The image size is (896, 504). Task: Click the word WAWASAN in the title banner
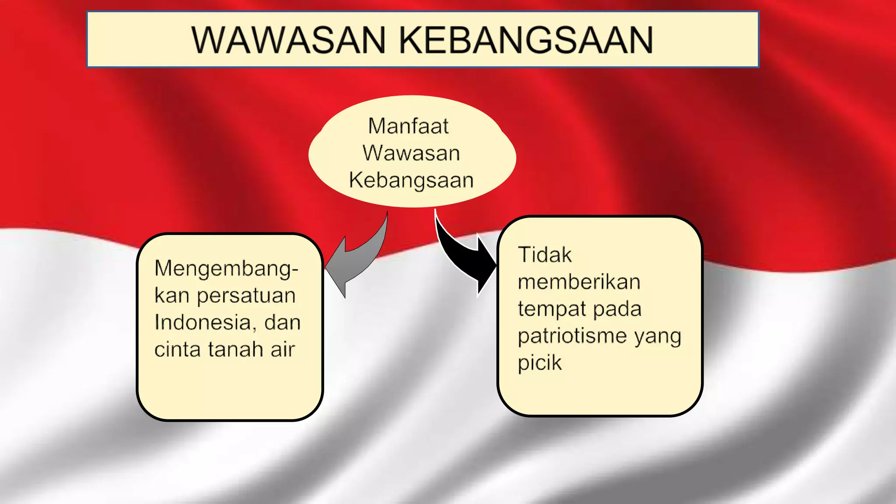pos(289,40)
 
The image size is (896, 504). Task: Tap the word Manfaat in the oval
pos(408,126)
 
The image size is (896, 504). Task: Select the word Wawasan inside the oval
pos(411,153)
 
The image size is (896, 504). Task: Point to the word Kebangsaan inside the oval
pos(411,180)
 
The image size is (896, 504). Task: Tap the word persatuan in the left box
pos(246,296)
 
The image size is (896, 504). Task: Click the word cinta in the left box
pos(177,350)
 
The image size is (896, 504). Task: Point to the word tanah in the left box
pos(235,350)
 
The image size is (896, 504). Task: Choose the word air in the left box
pos(283,350)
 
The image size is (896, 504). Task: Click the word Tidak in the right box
pos(545,255)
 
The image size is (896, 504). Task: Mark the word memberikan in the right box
pos(579,282)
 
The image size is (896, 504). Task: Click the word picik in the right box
pos(539,363)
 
